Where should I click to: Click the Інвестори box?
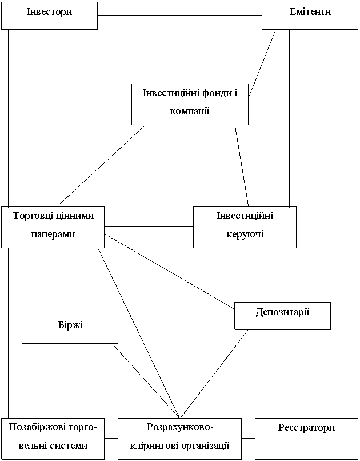[49, 15]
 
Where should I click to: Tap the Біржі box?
[70, 329]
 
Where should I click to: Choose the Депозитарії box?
[282, 316]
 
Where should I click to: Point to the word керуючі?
[245, 235]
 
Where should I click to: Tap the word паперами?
[53, 235]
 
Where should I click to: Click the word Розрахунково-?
[179, 427]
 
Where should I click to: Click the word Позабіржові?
[34, 427]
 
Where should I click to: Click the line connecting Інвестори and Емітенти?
[179, 15]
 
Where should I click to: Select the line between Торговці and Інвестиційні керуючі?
[149, 226]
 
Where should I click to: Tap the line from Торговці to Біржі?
[63, 281]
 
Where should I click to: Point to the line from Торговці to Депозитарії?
[170, 271]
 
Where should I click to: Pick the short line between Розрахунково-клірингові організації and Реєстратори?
[249, 438]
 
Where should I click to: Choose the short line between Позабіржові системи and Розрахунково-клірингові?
[111, 438]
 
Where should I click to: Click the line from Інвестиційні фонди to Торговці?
[101, 165]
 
